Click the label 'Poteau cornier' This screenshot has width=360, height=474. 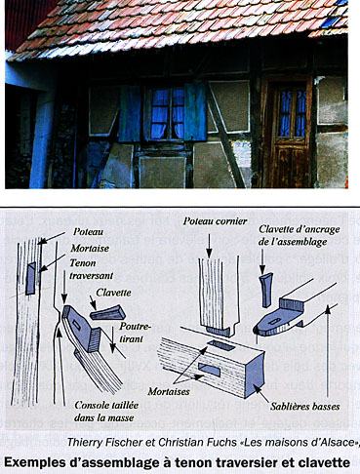215,221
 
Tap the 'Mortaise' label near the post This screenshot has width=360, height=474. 90,249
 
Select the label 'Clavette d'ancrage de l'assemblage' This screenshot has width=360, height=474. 299,236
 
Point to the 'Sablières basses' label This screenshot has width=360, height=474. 304,406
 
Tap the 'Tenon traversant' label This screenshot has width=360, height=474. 92,269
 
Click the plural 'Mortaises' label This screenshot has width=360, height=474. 169,391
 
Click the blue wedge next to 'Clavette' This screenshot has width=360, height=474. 108,313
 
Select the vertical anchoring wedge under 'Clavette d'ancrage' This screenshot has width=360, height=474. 266,290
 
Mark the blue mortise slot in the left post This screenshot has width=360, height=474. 31,278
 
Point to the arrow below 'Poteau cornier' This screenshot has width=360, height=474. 209,244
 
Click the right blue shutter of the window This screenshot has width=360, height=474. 195,112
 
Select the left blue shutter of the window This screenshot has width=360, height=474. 130,114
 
